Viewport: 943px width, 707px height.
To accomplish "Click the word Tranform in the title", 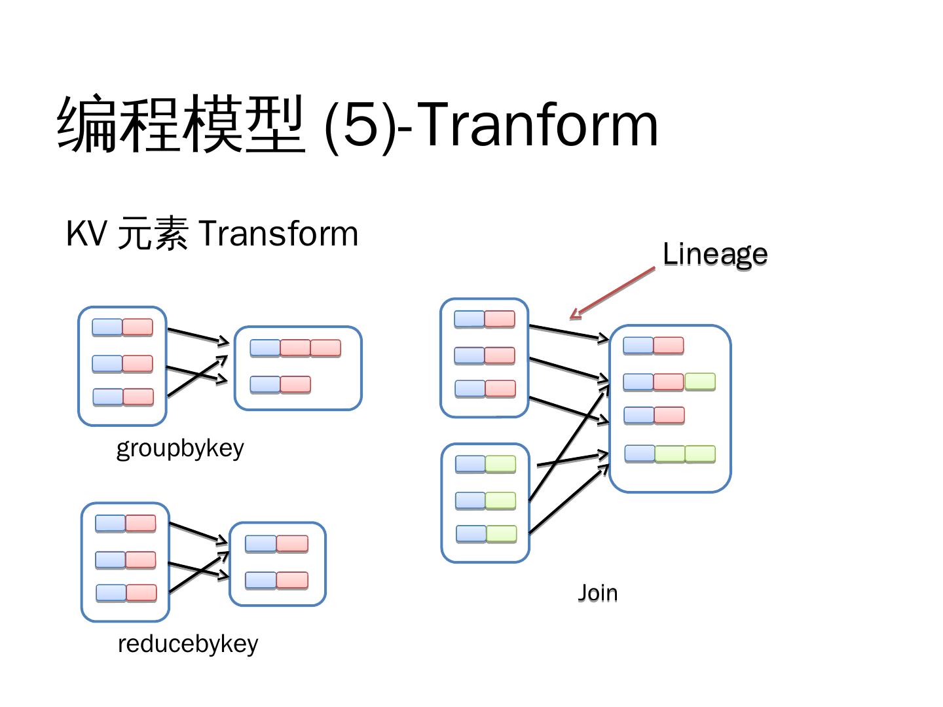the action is coord(536,124).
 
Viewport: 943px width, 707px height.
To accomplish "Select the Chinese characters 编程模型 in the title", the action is coord(181,124).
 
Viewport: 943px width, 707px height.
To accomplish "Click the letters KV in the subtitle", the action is coord(86,233).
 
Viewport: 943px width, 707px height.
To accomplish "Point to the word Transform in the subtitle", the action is coord(278,234).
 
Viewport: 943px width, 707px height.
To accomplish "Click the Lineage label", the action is coord(714,255).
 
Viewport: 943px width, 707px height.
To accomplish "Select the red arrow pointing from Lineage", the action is coord(612,293).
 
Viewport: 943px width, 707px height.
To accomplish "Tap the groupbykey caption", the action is coord(180,450).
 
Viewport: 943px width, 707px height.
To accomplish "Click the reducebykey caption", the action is coord(188,644).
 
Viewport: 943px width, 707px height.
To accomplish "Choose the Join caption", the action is coord(597,593).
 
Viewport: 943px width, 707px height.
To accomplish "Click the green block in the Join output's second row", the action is coord(700,381).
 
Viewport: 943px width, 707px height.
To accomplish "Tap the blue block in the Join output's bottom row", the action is coord(640,453).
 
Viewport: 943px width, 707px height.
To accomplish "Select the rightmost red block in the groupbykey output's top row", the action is coord(325,348).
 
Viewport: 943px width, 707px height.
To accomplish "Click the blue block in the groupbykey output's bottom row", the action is coord(265,384).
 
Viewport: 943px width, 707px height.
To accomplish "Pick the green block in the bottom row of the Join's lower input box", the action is coord(501,534).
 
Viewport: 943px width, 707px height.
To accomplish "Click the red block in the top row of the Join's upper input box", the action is coord(500,319).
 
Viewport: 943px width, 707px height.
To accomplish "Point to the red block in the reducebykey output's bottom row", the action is coord(292,580).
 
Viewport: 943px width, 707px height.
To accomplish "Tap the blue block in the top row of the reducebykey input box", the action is coord(111,523).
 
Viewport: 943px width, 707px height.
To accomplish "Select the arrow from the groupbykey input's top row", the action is coord(198,336).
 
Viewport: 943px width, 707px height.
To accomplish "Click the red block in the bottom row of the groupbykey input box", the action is coord(138,397).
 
